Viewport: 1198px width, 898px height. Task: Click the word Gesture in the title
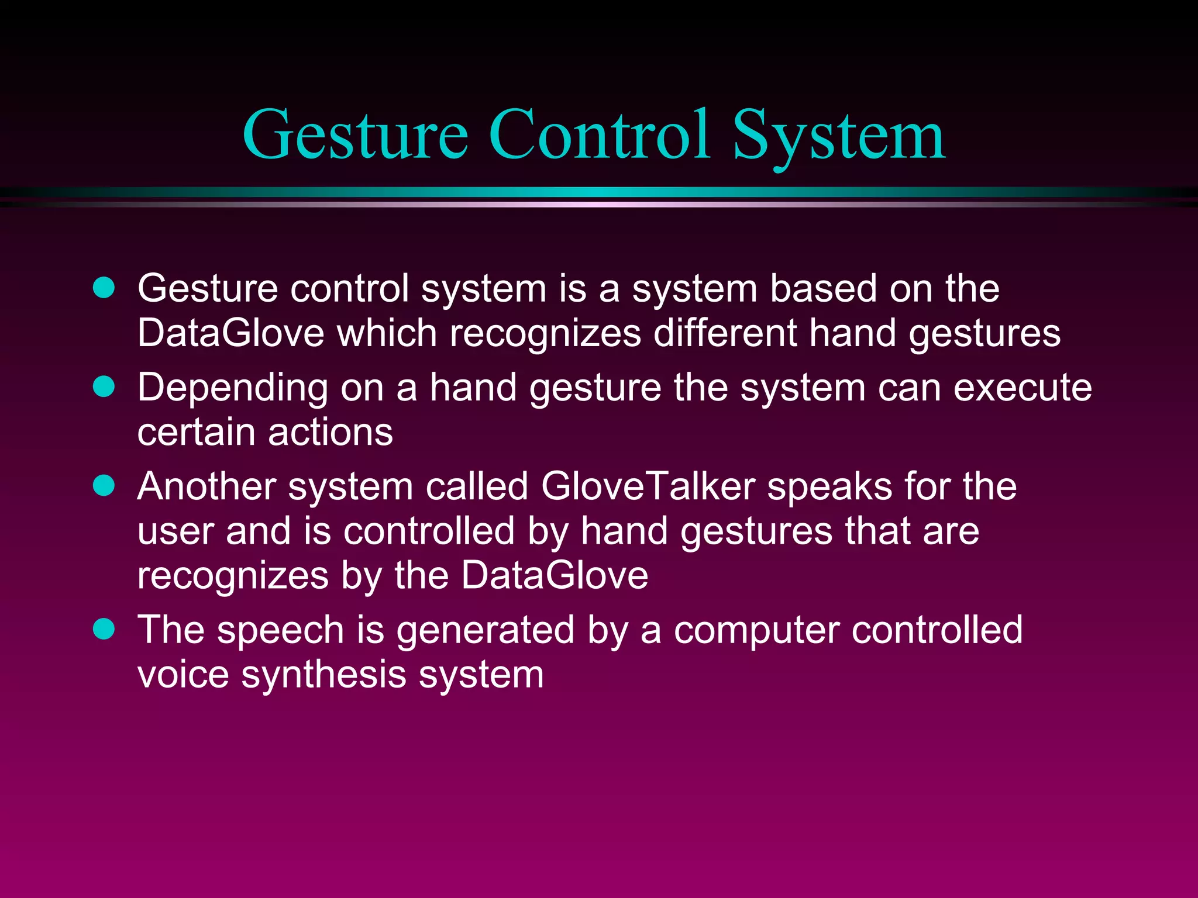(355, 136)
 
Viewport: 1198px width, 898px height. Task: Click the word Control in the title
(599, 136)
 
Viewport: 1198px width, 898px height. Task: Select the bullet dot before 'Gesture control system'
(104, 288)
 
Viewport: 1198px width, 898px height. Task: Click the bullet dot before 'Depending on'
(104, 386)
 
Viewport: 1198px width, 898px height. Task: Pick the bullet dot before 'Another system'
(104, 485)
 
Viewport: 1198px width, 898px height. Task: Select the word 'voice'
(183, 675)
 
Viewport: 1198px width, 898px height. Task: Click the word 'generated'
(485, 630)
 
